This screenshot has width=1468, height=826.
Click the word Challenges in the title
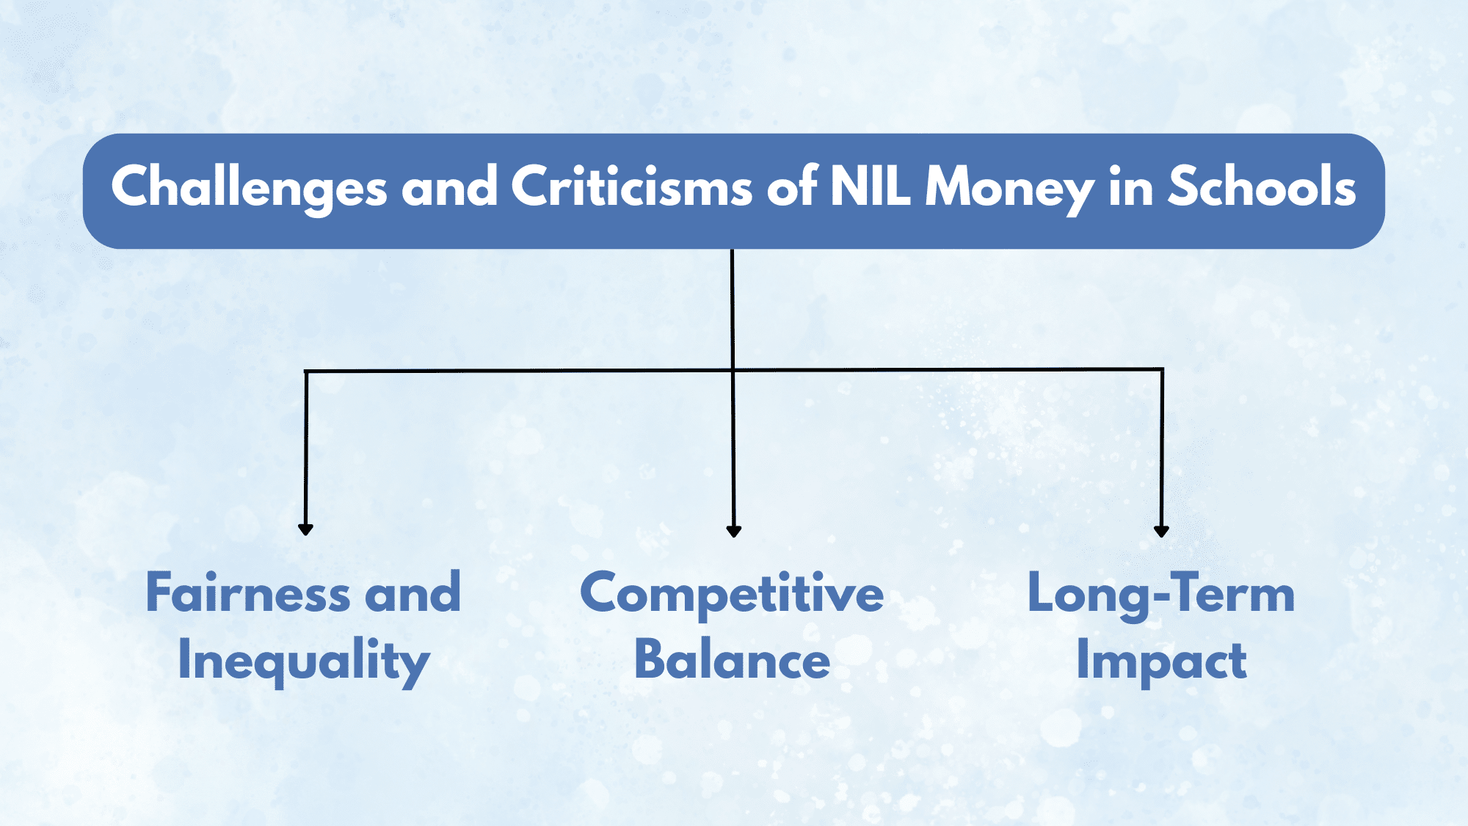tap(249, 188)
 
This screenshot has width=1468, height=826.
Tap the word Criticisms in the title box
tap(631, 186)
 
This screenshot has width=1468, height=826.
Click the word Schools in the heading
tap(1262, 186)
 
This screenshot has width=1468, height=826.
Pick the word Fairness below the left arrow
tap(248, 593)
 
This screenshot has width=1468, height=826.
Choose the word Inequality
tap(303, 662)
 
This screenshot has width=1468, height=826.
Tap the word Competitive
tap(732, 594)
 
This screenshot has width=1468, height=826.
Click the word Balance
tap(732, 659)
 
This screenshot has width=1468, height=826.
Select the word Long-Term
tap(1161, 594)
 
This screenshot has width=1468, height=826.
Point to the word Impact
tap(1161, 662)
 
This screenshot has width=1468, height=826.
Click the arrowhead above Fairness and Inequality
tap(306, 529)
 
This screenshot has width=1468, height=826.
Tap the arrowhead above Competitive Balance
tap(733, 531)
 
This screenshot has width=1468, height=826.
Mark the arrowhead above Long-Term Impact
tap(1161, 531)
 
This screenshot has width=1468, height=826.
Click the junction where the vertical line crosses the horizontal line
tap(733, 369)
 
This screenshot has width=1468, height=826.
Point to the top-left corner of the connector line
tap(306, 372)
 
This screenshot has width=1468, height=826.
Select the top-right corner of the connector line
tap(1163, 369)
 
